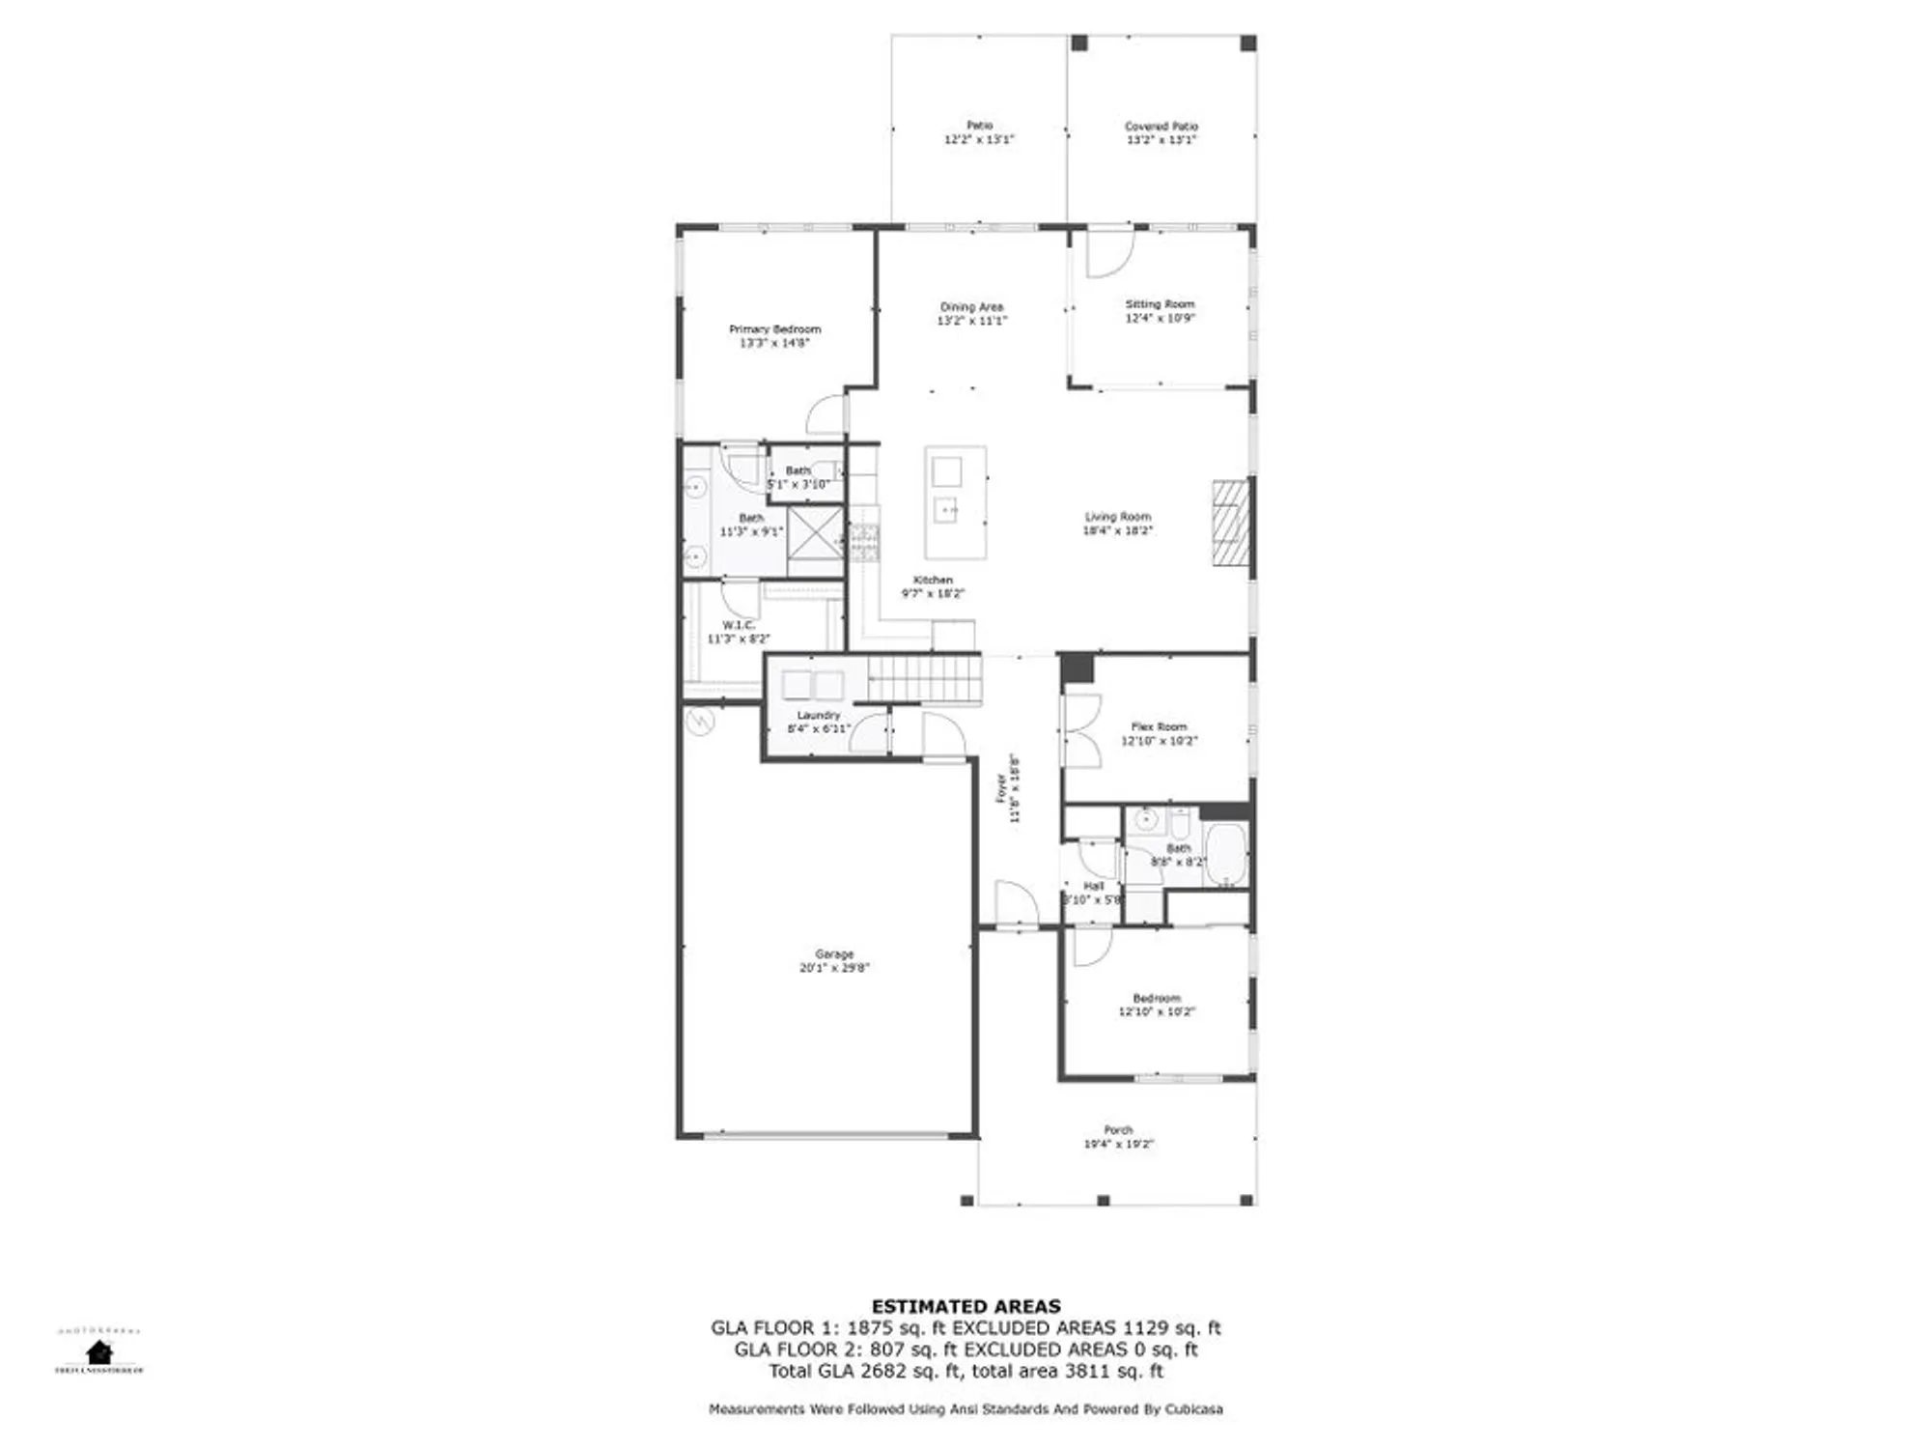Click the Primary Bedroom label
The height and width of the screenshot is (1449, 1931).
click(774, 329)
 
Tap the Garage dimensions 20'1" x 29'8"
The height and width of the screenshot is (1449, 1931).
click(834, 968)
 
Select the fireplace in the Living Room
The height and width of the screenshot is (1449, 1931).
click(1231, 523)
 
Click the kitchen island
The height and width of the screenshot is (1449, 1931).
click(955, 501)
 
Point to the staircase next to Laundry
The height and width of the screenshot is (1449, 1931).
click(924, 678)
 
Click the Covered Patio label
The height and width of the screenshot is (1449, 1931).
click(1161, 127)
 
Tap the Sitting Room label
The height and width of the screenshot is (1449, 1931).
click(1160, 304)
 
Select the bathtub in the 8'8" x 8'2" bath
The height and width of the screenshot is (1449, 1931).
click(1226, 854)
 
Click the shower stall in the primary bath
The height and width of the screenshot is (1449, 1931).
click(814, 533)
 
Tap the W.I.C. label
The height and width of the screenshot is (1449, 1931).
click(738, 625)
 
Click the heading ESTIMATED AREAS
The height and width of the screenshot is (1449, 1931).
click(965, 1306)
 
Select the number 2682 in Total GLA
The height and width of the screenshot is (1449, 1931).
click(882, 1371)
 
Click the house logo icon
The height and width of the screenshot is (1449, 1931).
click(98, 1351)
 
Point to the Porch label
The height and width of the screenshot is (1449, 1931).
click(1118, 1129)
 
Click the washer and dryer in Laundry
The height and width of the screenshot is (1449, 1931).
click(813, 685)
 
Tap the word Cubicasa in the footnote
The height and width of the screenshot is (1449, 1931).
click(1193, 1409)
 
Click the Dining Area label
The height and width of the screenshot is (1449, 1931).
click(971, 307)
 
